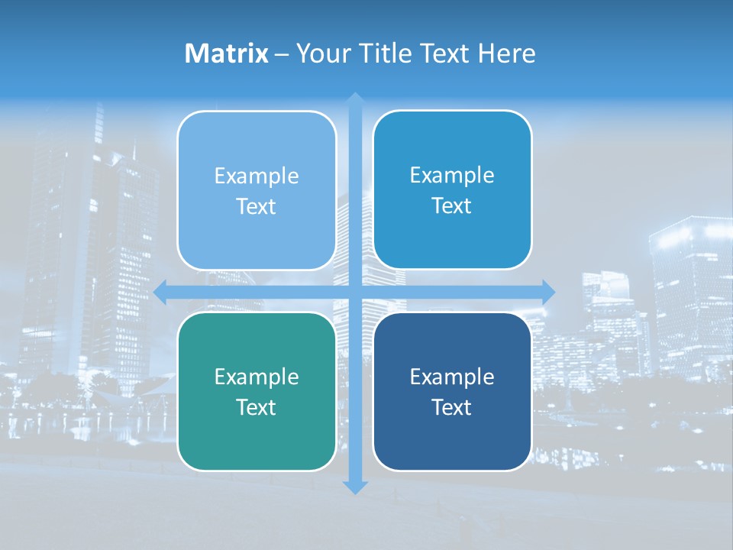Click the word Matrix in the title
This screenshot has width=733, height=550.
point(227,53)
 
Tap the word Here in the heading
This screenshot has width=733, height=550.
point(507,53)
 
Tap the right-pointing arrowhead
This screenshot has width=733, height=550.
point(547,292)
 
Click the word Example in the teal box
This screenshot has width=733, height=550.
point(257,377)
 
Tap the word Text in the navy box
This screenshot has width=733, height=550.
point(452,407)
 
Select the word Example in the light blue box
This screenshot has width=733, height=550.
point(257,176)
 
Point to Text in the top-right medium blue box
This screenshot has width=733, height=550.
point(452,206)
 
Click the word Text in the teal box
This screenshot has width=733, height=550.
point(257,407)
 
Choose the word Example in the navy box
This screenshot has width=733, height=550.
point(452,377)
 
